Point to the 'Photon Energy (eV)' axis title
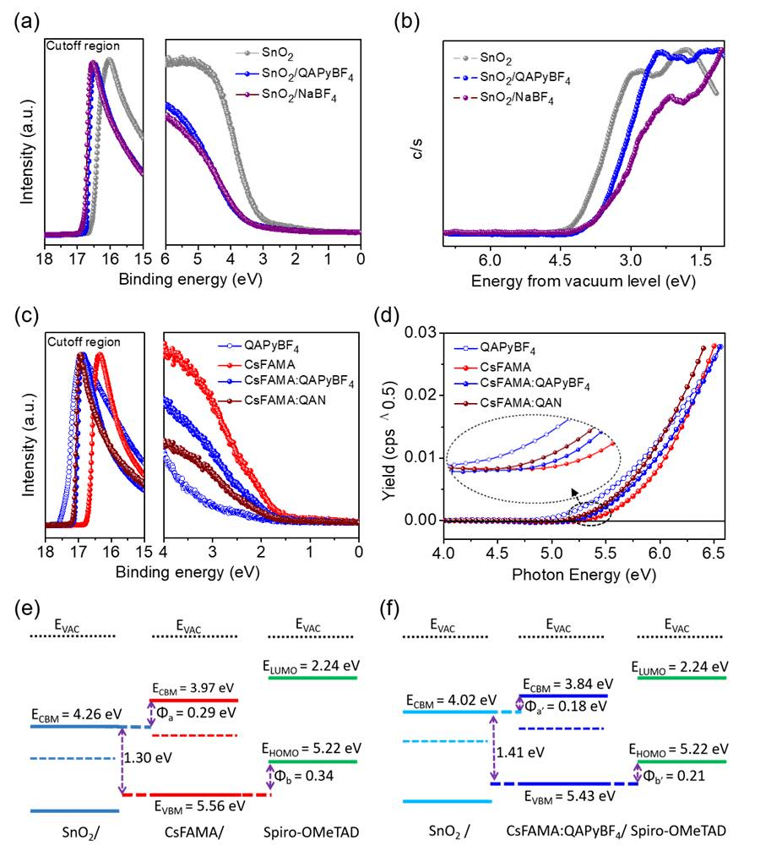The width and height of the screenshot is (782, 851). coord(582,575)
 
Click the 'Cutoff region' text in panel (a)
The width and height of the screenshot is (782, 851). coord(83,46)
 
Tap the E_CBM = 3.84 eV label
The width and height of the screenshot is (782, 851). coord(565,683)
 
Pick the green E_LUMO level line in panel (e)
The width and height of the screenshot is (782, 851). coord(312,677)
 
